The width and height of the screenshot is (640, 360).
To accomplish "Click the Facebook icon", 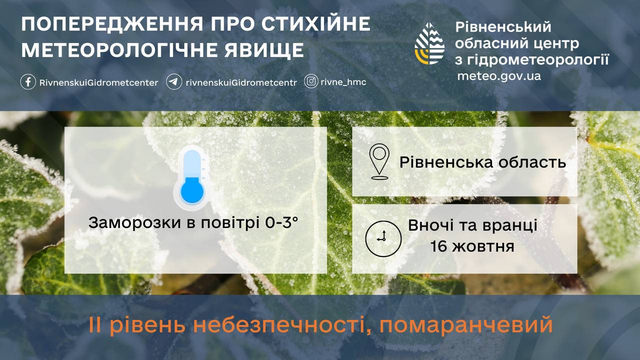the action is tap(28, 82).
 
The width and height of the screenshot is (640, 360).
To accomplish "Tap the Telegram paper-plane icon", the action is tap(174, 82).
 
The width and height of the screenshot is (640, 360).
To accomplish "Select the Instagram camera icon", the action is tap(311, 81).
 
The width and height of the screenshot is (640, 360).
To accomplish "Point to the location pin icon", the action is tap(379, 161).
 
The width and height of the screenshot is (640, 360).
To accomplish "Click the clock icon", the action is tap(383, 238).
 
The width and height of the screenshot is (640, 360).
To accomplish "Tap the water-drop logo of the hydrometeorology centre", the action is tap(429, 43).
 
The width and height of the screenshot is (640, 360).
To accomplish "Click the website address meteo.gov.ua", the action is tap(499, 76).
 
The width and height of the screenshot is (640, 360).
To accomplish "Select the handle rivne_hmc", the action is tap(343, 82).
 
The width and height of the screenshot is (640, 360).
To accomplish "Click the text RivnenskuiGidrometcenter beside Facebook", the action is tap(98, 83).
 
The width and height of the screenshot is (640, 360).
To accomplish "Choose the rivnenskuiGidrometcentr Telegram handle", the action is tap(241, 83).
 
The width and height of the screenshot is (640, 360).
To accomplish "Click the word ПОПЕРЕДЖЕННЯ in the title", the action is tap(112, 24).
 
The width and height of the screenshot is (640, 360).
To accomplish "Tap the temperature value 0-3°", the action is tap(281, 222).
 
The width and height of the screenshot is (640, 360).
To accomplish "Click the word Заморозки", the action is tap(134, 223).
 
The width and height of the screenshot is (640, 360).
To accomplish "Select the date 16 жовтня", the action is tap(472, 246).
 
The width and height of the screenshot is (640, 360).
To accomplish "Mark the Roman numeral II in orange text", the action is tap(95, 324).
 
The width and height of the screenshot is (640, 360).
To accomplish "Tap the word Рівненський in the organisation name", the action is tap(503, 27).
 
